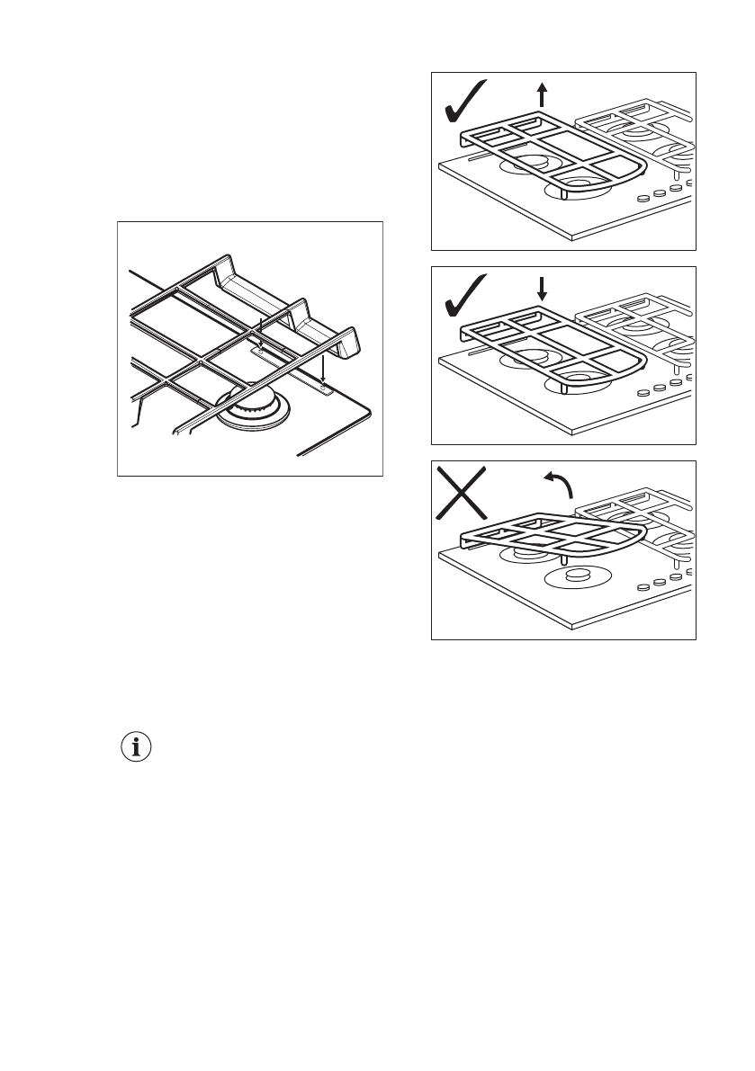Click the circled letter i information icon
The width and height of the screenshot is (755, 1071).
[x=136, y=747]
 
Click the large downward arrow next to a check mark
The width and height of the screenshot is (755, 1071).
[x=541, y=289]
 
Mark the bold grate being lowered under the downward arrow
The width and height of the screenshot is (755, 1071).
[x=549, y=351]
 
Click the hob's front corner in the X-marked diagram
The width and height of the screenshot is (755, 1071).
[x=573, y=625]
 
